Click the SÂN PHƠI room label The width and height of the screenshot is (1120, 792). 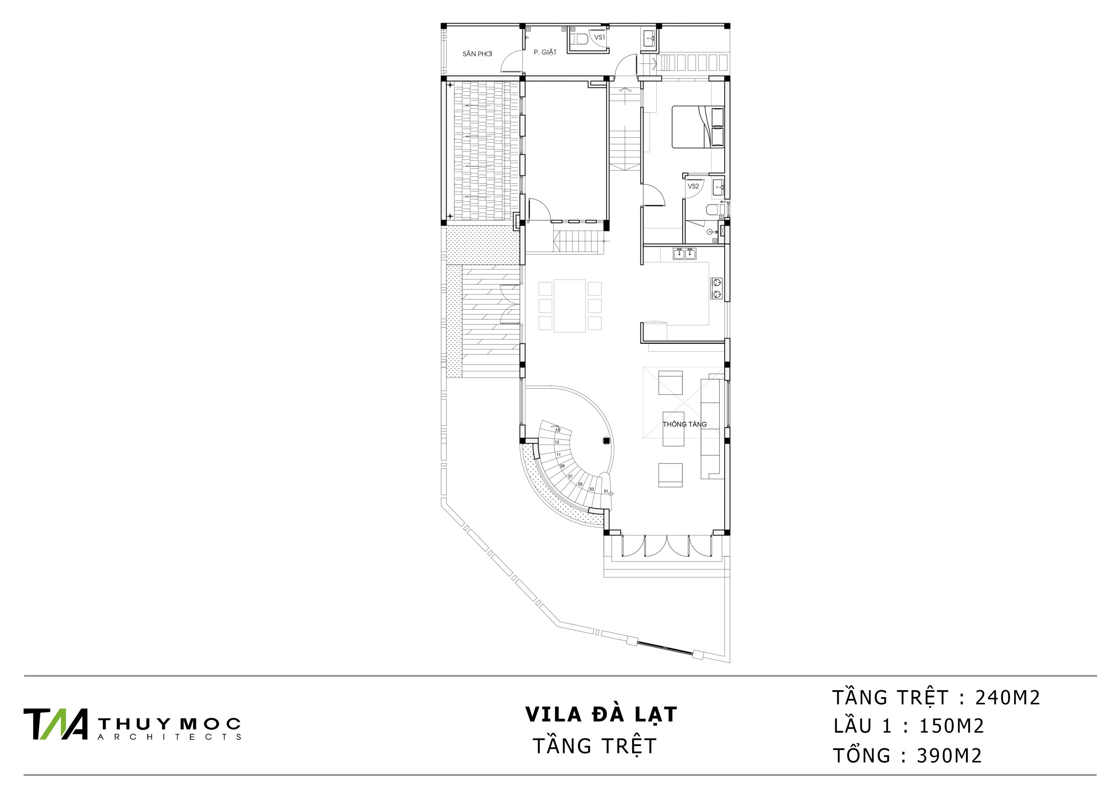pyautogui.click(x=477, y=54)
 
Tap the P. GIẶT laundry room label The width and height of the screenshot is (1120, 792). pyautogui.click(x=545, y=52)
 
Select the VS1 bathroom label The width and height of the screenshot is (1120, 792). pyautogui.click(x=599, y=37)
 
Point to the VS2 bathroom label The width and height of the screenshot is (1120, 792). pyautogui.click(x=693, y=186)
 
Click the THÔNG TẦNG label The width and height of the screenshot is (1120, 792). pyautogui.click(x=684, y=424)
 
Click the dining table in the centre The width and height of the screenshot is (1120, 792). pyautogui.click(x=570, y=306)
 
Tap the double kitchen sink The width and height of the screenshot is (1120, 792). pyautogui.click(x=684, y=254)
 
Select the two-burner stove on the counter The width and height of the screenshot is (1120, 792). pyautogui.click(x=717, y=288)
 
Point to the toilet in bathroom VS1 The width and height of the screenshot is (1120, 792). pyautogui.click(x=579, y=39)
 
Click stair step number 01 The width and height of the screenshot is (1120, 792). pyautogui.click(x=606, y=491)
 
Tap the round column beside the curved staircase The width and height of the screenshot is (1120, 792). pyautogui.click(x=606, y=440)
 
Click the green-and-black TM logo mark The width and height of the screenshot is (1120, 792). pyautogui.click(x=56, y=724)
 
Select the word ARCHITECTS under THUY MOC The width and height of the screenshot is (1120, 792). pyautogui.click(x=169, y=737)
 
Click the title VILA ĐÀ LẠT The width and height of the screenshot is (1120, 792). pyautogui.click(x=601, y=715)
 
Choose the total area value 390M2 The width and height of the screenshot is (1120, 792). pyautogui.click(x=949, y=756)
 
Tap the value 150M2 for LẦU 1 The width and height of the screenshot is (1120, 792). pyautogui.click(x=952, y=727)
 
